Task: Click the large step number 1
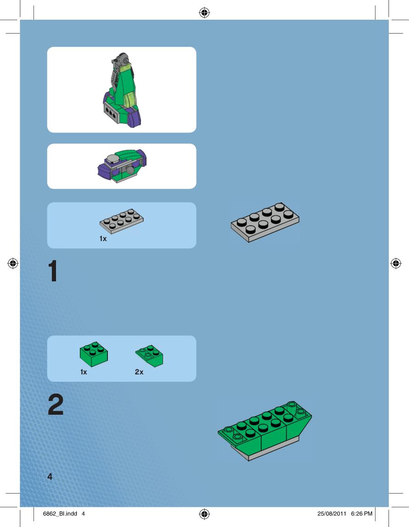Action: (53, 271)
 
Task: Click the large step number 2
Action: (56, 404)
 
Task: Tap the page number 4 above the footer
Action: (50, 476)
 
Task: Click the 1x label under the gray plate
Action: (103, 239)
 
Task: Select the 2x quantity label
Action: (139, 372)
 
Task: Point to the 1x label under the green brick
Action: (84, 372)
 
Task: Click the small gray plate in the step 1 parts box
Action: (122, 221)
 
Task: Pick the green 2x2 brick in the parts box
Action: (94, 354)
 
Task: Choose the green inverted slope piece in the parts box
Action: (150, 356)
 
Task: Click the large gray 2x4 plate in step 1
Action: (265, 222)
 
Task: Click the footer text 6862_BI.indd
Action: (60, 514)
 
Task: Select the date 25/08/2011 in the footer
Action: (331, 514)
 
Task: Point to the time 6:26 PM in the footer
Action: (362, 514)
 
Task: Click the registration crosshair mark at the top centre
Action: (204, 13)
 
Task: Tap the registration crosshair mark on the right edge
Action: (396, 263)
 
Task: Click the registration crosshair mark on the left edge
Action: (13, 263)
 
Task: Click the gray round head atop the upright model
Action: (124, 59)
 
